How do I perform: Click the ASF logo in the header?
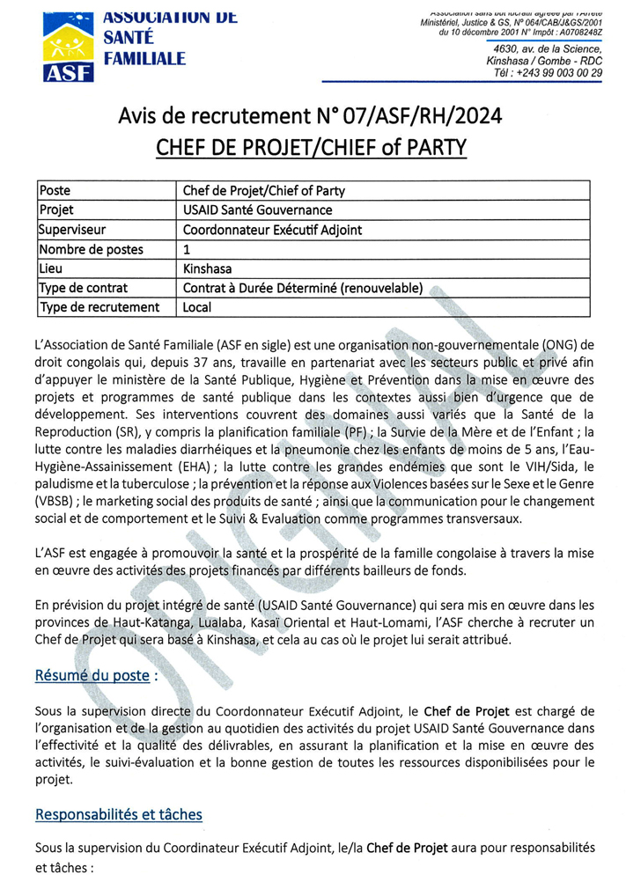[69, 41]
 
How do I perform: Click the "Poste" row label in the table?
[55, 191]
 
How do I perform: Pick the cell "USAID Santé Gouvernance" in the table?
[257, 210]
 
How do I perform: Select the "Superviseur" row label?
[72, 230]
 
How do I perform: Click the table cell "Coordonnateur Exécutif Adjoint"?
[272, 230]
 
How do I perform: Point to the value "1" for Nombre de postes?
[187, 249]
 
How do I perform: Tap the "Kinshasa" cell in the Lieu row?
[207, 268]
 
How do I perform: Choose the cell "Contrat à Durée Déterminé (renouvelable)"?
[302, 288]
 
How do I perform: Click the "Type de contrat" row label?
[84, 288]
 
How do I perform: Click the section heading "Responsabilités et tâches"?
[119, 814]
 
